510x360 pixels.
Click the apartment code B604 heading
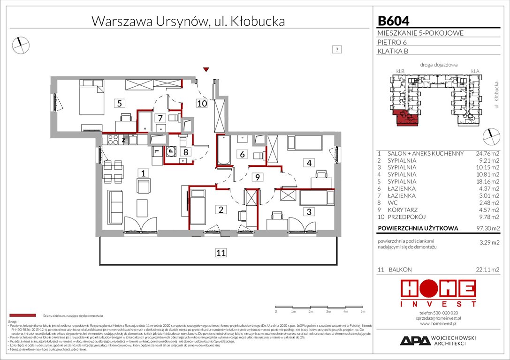coord(393,21)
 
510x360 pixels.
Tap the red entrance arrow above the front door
coord(205,70)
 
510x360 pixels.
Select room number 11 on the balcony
coord(221,253)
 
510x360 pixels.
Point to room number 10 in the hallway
coord(202,104)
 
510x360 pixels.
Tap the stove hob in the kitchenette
coord(113,139)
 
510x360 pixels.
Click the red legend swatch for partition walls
coord(23,316)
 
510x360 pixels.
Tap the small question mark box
coord(336,49)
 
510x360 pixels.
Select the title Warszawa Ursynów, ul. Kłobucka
coord(188,21)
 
